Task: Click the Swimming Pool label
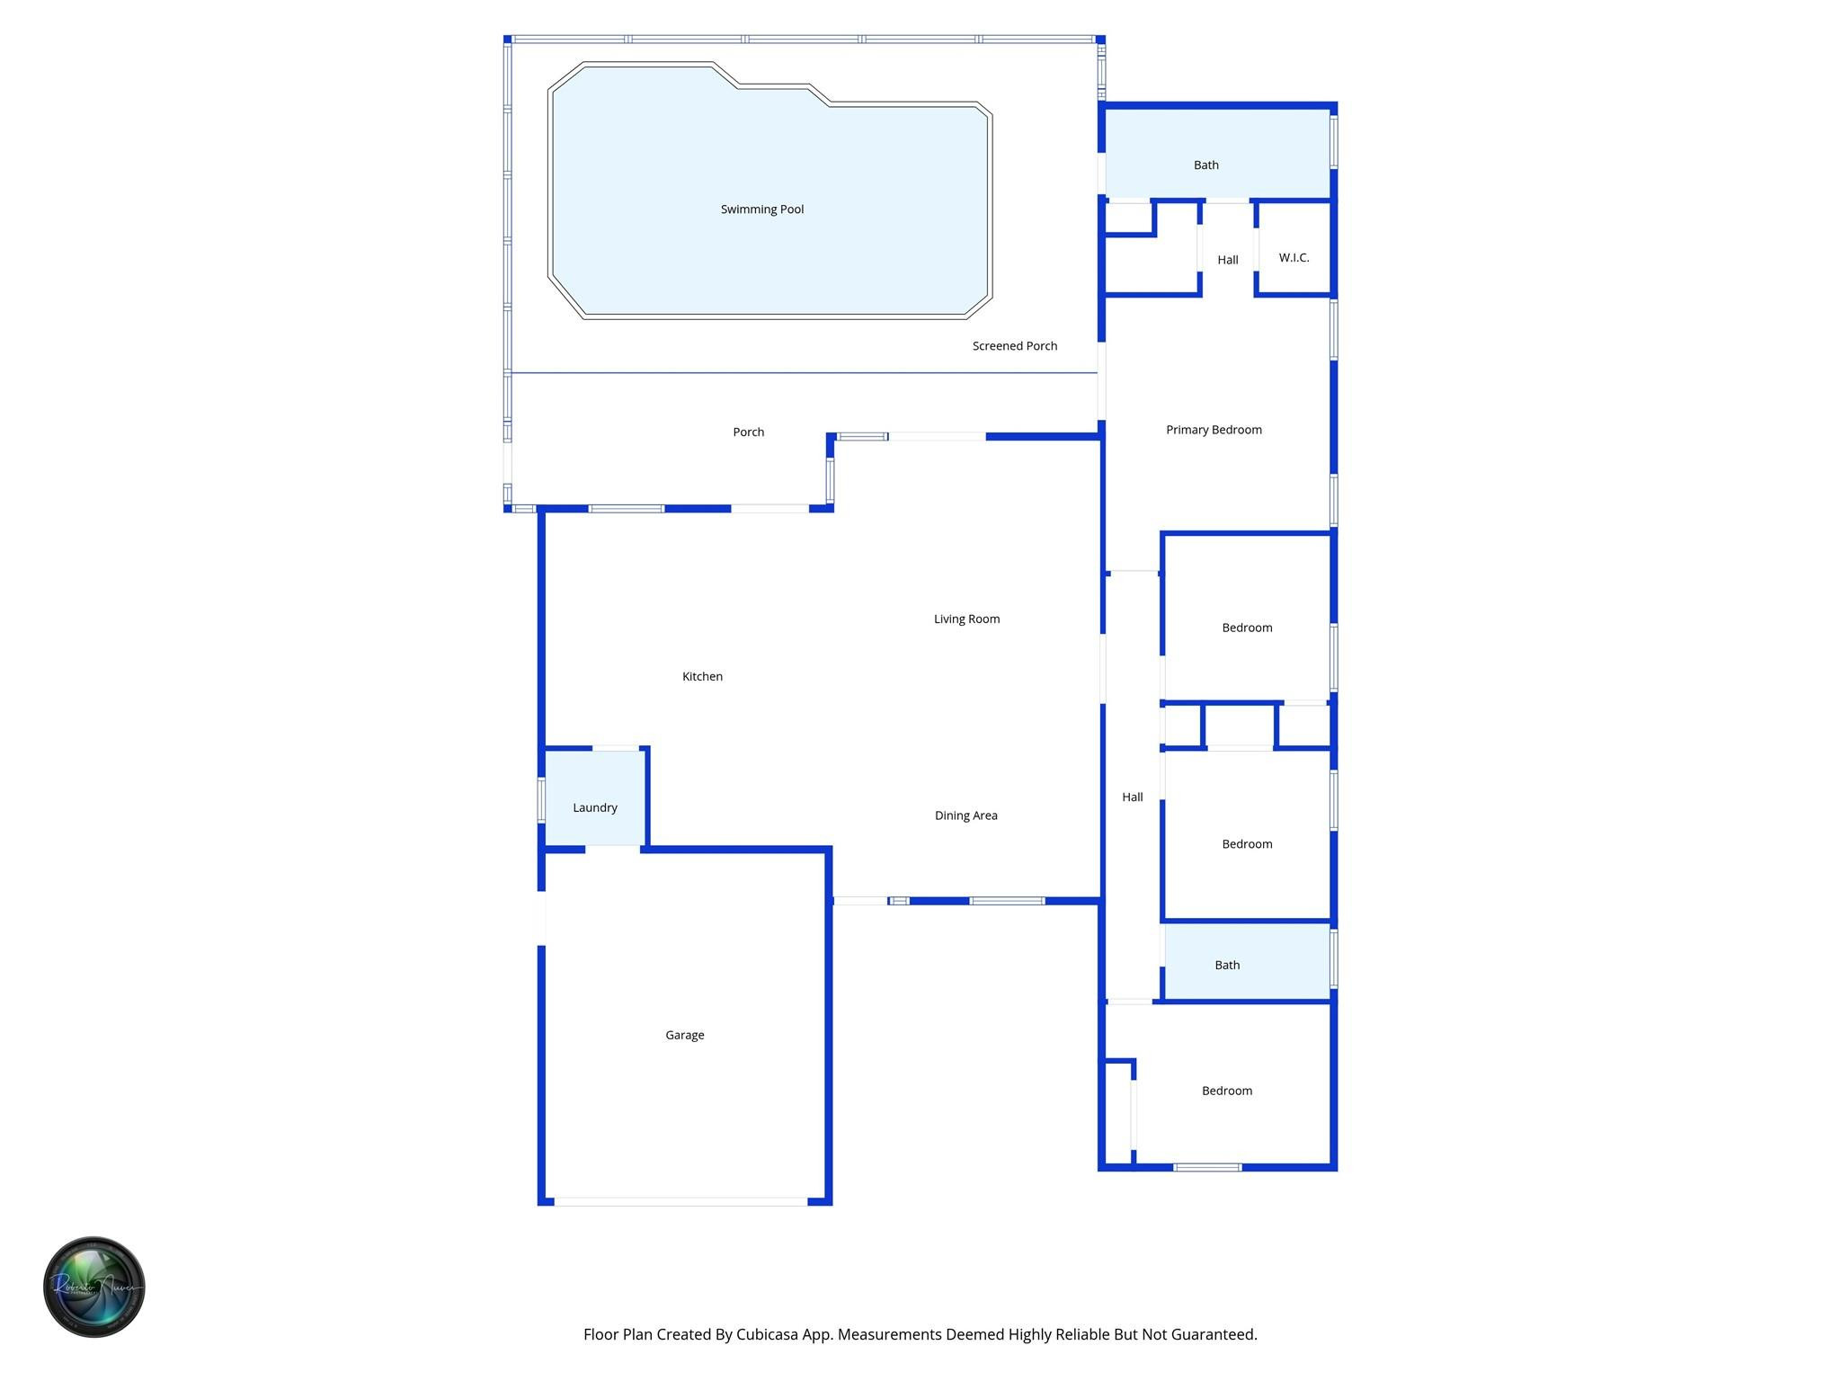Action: click(761, 209)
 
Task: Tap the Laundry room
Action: click(594, 807)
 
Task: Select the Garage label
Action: click(684, 1035)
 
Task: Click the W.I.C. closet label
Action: click(1294, 258)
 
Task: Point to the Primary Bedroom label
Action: click(1214, 430)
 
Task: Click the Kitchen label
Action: click(702, 676)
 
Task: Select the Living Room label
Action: click(966, 619)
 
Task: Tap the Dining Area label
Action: click(965, 815)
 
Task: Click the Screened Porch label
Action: click(1014, 346)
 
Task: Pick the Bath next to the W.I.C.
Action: click(1205, 165)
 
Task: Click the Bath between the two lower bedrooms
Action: click(1227, 965)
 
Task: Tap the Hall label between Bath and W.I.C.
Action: click(1227, 260)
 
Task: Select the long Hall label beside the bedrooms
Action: click(1132, 797)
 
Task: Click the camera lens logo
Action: click(93, 1287)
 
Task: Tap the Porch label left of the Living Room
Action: click(748, 432)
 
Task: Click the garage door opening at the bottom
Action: click(680, 1201)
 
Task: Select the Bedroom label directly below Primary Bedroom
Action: click(1247, 628)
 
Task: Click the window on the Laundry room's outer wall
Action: click(541, 799)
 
